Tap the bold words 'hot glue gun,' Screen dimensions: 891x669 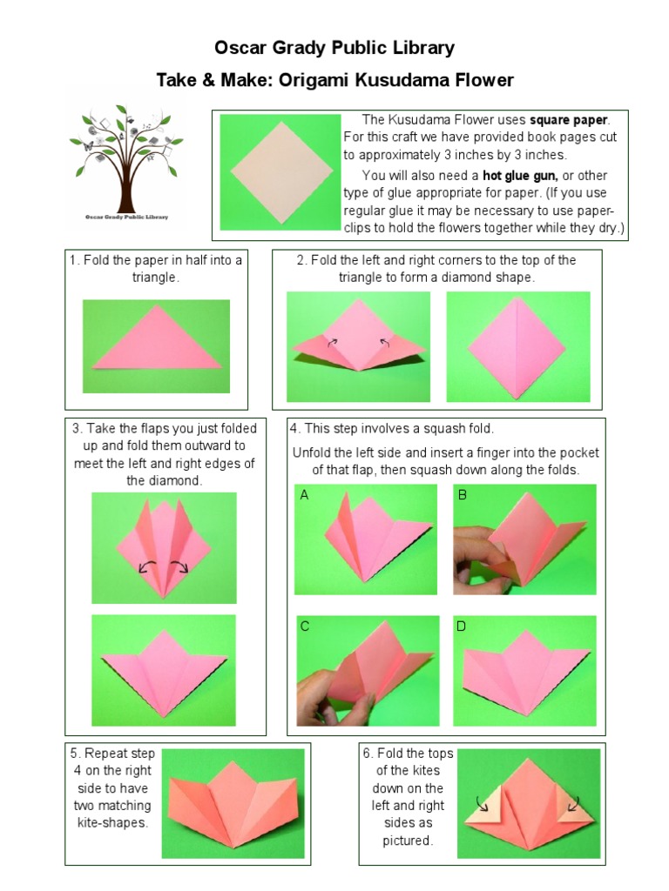pos(520,176)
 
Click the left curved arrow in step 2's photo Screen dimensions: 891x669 pos(331,343)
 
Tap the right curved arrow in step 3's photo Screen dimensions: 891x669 pos(181,568)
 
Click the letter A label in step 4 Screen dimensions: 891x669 pos(304,495)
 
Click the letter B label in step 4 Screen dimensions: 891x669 pos(463,495)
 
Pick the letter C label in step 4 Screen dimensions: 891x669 pos(304,626)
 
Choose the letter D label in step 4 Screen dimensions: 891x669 pos(462,626)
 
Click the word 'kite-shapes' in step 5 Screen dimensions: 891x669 pos(112,822)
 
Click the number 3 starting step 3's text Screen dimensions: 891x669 pos(76,428)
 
